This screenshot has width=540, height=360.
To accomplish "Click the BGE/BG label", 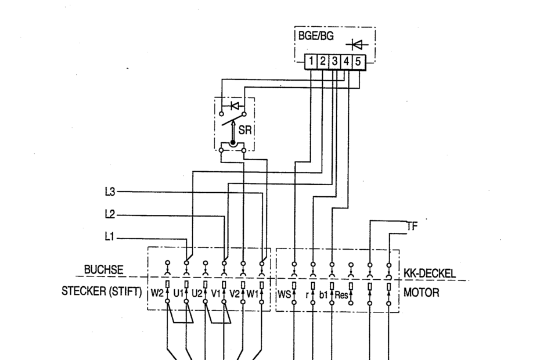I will click(316, 36).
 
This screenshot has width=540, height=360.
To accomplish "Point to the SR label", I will click(245, 131).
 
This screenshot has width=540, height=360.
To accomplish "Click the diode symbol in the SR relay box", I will click(235, 106).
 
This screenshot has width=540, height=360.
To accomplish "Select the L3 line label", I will click(110, 191).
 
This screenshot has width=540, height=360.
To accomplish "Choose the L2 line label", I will click(110, 215).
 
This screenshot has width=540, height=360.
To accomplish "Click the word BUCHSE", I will click(103, 270).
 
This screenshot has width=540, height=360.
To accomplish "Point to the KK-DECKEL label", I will click(430, 273).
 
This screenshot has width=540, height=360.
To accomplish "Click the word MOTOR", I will click(422, 292).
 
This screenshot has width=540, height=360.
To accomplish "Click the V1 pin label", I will click(215, 293).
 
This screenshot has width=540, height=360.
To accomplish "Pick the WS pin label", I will click(285, 293).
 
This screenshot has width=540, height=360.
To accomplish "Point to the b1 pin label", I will click(323, 294).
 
